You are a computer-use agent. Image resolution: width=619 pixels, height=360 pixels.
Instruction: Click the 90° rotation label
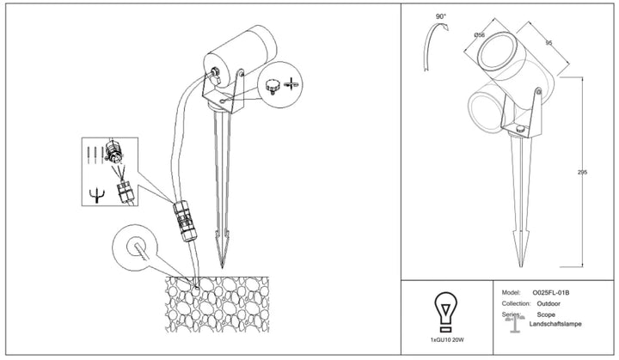pyautogui.click(x=440, y=16)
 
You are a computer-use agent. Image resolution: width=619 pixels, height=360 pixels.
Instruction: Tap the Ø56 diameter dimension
pyautogui.click(x=479, y=34)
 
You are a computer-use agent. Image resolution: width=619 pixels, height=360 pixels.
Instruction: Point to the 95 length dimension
pyautogui.click(x=549, y=43)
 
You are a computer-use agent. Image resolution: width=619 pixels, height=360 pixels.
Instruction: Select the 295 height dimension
pyautogui.click(x=582, y=172)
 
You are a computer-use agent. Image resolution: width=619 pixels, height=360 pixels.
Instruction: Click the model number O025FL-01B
pyautogui.click(x=551, y=292)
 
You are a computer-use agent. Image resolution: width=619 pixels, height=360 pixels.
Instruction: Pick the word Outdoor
pyautogui.click(x=549, y=303)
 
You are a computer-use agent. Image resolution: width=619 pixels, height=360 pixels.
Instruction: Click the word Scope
pyautogui.click(x=546, y=314)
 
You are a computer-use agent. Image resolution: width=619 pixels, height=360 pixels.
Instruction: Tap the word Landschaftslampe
pyautogui.click(x=555, y=324)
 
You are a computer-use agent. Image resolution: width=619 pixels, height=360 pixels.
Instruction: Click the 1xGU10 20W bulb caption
pyautogui.click(x=447, y=339)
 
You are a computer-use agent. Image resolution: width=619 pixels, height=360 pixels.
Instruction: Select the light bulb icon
pyautogui.click(x=445, y=312)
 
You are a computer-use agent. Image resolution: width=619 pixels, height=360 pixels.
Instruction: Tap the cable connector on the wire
pyautogui.click(x=185, y=221)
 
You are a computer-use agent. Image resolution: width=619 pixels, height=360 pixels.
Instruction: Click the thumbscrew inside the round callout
pyautogui.click(x=272, y=86)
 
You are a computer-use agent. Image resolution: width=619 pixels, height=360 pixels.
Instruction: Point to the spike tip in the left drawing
pyautogui.click(x=222, y=267)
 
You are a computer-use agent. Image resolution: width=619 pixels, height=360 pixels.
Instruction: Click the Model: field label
pyautogui.click(x=512, y=292)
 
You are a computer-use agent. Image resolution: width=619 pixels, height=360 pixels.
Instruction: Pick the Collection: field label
pyautogui.click(x=516, y=303)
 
